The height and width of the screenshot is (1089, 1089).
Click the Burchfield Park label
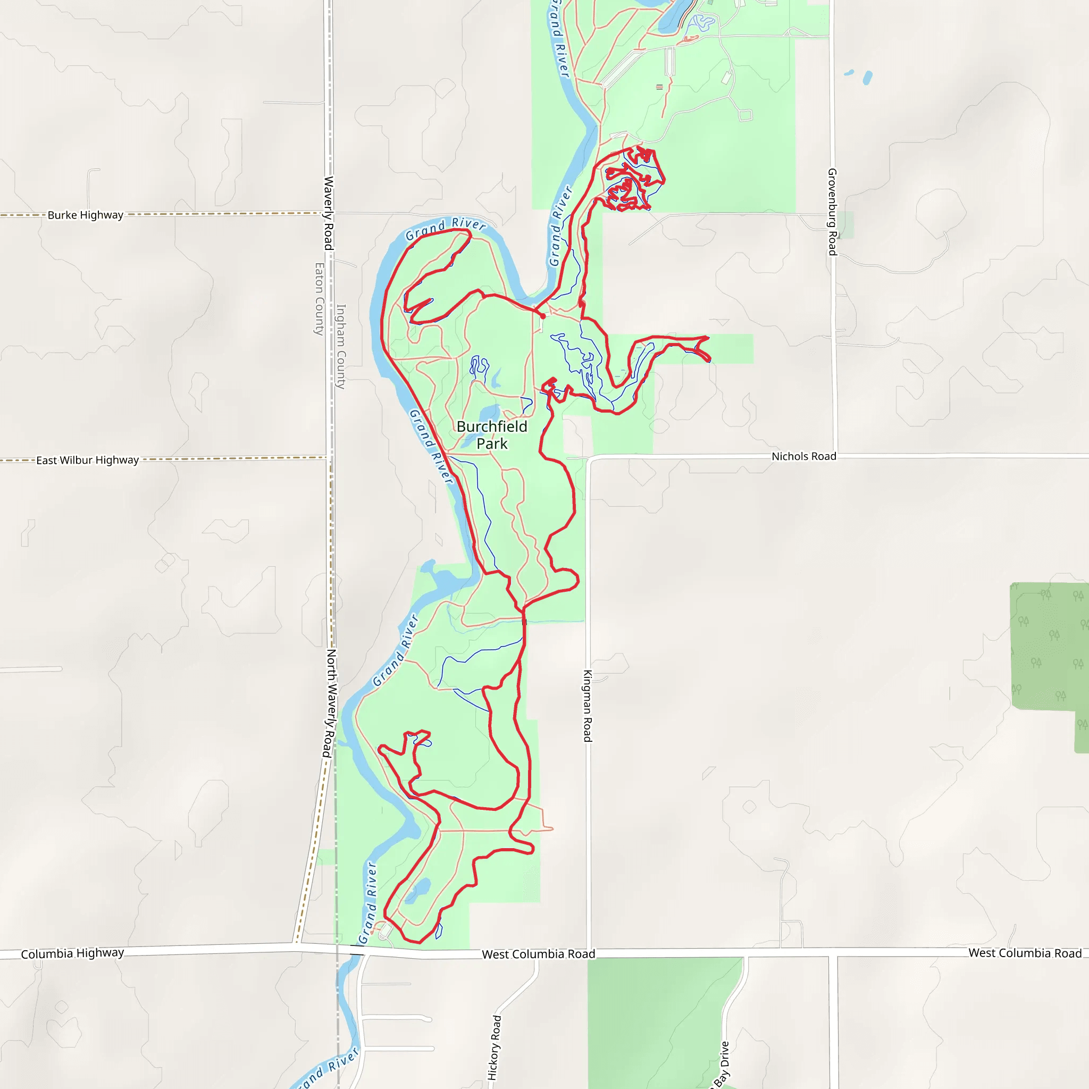click(491, 434)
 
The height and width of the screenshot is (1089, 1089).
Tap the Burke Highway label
click(85, 215)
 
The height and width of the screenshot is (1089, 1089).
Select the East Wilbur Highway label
click(87, 460)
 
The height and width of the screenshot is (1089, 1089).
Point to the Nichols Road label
click(803, 456)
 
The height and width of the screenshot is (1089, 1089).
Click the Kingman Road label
click(588, 705)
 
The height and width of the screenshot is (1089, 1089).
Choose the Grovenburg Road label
click(832, 212)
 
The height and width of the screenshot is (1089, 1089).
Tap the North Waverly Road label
click(330, 702)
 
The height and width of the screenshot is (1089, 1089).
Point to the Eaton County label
click(319, 298)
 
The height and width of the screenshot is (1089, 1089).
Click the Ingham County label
click(340, 346)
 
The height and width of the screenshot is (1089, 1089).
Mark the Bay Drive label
click(722, 1064)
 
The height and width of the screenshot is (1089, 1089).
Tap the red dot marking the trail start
click(543, 316)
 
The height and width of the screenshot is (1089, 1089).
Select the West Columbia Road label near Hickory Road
click(538, 954)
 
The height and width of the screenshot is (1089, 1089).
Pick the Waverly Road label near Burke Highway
click(328, 213)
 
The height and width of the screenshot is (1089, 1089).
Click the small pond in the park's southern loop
click(419, 891)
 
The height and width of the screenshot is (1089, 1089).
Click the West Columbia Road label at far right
click(1025, 952)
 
